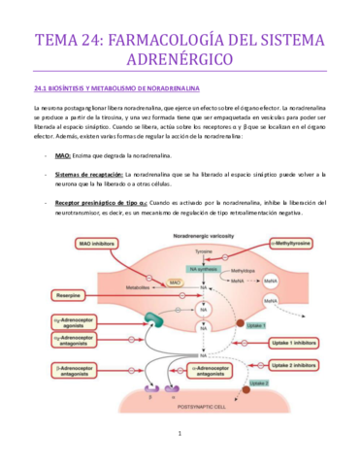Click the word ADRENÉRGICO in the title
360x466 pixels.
pos(180,61)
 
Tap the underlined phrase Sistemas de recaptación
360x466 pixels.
pos(88,174)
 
